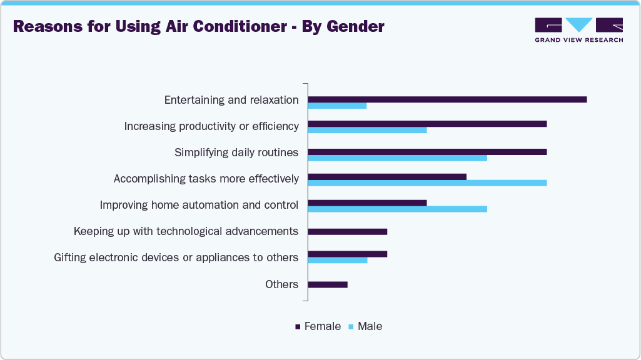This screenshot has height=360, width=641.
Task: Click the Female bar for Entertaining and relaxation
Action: click(x=447, y=99)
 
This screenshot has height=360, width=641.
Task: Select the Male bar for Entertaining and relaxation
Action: click(x=337, y=106)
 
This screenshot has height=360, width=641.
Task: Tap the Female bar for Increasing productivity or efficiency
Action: click(x=427, y=124)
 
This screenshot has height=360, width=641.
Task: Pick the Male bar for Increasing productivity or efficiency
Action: click(x=367, y=130)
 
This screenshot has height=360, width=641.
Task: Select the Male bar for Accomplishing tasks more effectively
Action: click(x=427, y=183)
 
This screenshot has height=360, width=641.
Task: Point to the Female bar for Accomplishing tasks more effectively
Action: click(x=387, y=176)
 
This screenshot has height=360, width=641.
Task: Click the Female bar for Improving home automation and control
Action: click(x=367, y=202)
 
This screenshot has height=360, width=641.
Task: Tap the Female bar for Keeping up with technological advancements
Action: click(x=347, y=231)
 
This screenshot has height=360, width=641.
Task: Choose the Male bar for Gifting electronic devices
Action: click(x=338, y=260)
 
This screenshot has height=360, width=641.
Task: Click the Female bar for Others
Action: click(x=328, y=284)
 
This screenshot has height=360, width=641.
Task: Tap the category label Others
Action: click(x=281, y=284)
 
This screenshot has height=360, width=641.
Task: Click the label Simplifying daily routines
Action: click(x=236, y=152)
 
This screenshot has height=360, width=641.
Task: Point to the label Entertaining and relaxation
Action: click(x=231, y=100)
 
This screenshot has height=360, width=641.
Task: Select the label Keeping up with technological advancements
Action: click(x=186, y=231)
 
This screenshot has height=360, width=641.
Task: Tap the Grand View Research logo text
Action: click(x=578, y=40)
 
